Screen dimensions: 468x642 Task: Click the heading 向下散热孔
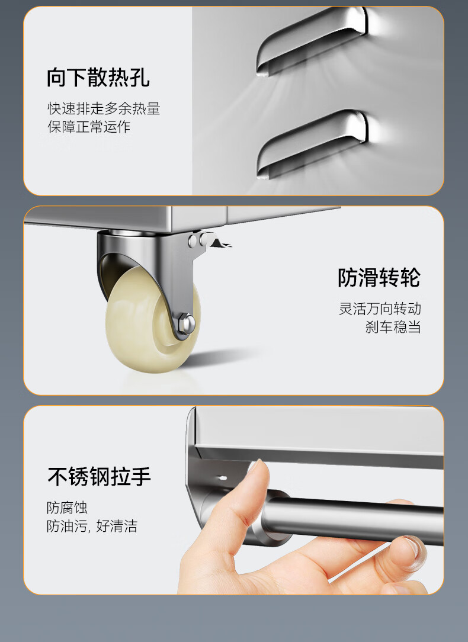point(98,78)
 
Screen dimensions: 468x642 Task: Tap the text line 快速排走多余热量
point(104,108)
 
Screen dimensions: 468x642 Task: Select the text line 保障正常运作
point(89,127)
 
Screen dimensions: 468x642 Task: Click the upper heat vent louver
point(312,41)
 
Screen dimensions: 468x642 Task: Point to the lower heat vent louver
point(312,144)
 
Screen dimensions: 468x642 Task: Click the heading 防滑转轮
point(379,278)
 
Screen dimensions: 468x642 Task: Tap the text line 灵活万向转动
point(380,309)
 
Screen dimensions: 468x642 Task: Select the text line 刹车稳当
point(393,327)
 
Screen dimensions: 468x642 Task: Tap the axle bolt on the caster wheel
point(186,322)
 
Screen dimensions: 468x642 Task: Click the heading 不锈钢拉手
point(99,477)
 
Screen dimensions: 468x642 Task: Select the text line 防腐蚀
point(67,508)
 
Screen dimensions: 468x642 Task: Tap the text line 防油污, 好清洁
point(92,526)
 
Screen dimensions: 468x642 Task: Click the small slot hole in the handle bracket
point(222,478)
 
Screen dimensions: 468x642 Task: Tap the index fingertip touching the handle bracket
point(258,467)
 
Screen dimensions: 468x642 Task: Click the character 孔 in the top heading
point(140,78)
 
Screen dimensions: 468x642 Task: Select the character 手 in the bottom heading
point(141,477)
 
